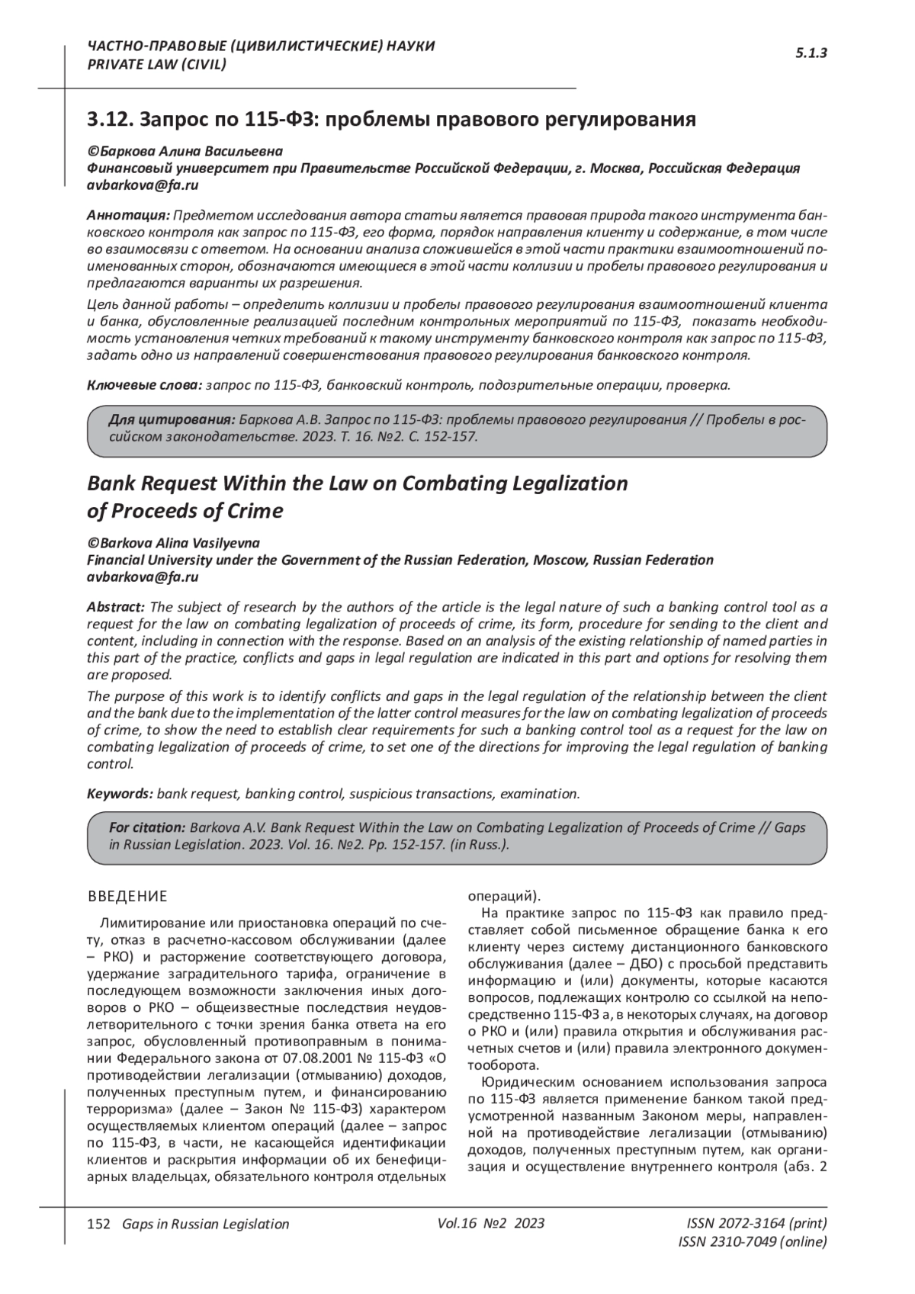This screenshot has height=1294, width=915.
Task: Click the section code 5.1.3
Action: [811, 53]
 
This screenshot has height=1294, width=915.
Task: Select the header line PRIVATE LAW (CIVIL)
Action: [157, 64]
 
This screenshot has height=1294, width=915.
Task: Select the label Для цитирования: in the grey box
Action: [172, 420]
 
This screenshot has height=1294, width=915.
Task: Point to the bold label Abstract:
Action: [116, 607]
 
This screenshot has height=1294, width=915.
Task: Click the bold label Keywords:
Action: [120, 794]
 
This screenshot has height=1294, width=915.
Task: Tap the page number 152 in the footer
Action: [99, 1224]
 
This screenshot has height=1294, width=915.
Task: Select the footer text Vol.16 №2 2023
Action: [491, 1223]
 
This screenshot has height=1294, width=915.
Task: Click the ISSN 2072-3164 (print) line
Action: [756, 1223]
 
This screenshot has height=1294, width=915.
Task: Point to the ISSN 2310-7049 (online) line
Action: [752, 1242]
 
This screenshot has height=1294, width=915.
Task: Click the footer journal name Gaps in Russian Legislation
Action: [201, 1224]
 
